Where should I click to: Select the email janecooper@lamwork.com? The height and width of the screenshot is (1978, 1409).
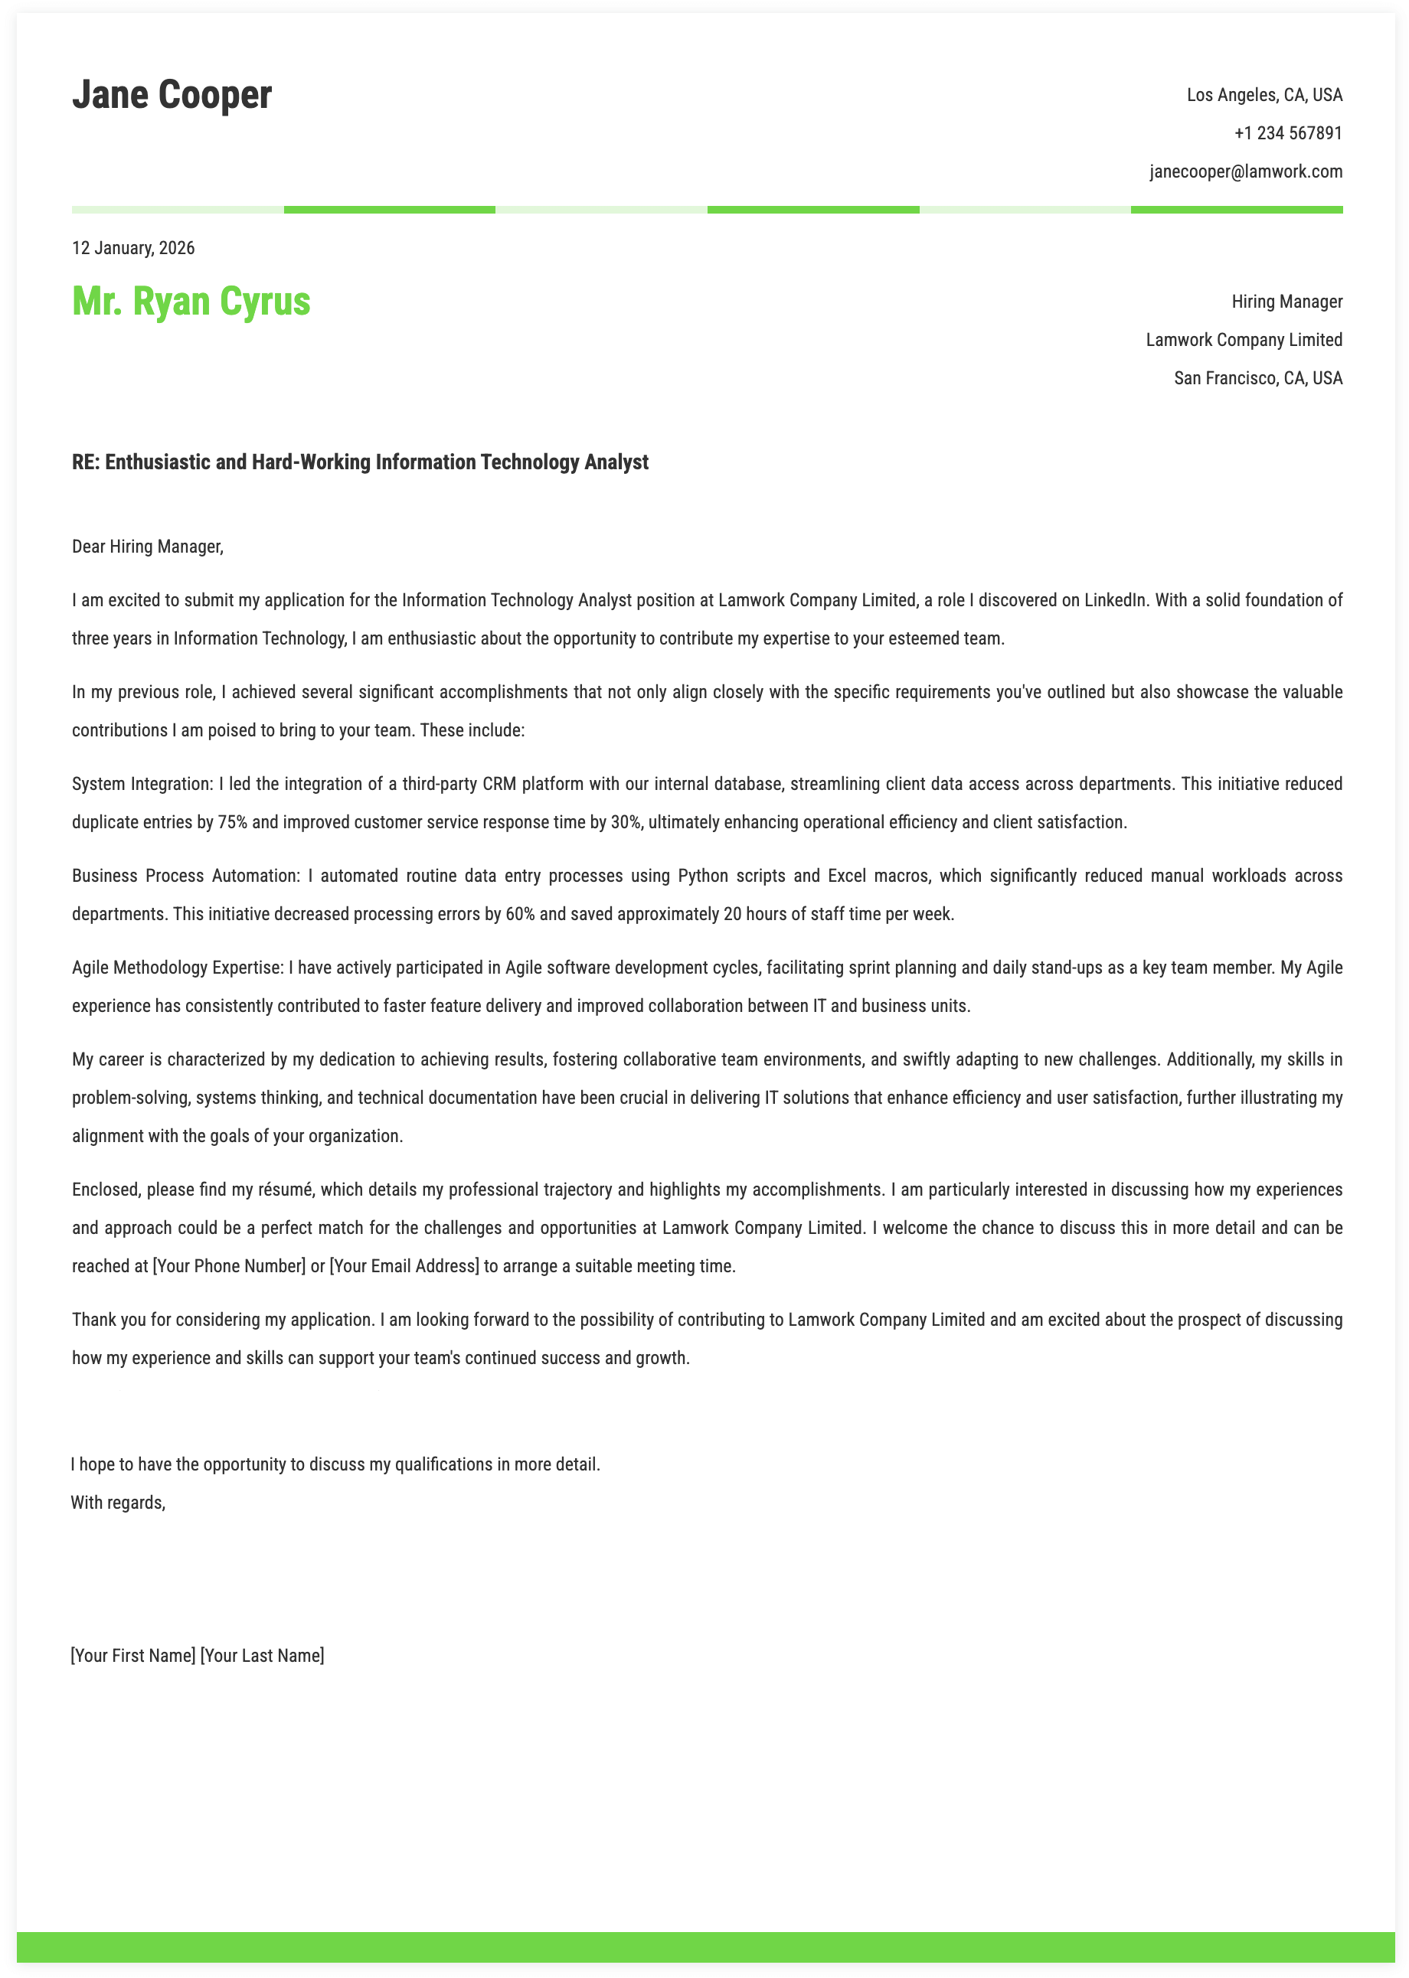(1246, 171)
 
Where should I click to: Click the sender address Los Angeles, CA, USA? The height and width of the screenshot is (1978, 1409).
(1264, 96)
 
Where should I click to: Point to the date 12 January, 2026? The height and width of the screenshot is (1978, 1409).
(133, 249)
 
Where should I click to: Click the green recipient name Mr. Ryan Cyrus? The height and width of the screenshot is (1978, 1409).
(191, 302)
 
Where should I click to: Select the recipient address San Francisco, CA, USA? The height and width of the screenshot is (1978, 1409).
(1258, 378)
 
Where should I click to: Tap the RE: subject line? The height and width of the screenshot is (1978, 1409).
(360, 462)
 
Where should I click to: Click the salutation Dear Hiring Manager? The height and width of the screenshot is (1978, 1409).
(148, 547)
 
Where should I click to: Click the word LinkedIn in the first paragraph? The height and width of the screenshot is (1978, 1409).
(1114, 600)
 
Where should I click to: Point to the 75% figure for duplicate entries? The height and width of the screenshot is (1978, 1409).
(233, 822)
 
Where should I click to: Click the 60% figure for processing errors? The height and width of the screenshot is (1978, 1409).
(520, 914)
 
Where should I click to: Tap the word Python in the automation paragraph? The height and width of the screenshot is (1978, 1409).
(703, 876)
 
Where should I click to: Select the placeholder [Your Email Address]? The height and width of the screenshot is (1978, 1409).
(404, 1266)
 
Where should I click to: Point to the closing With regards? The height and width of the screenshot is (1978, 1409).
(118, 1503)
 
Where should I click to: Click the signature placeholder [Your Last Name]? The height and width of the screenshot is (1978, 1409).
(262, 1656)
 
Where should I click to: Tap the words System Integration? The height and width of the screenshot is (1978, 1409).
(142, 784)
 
